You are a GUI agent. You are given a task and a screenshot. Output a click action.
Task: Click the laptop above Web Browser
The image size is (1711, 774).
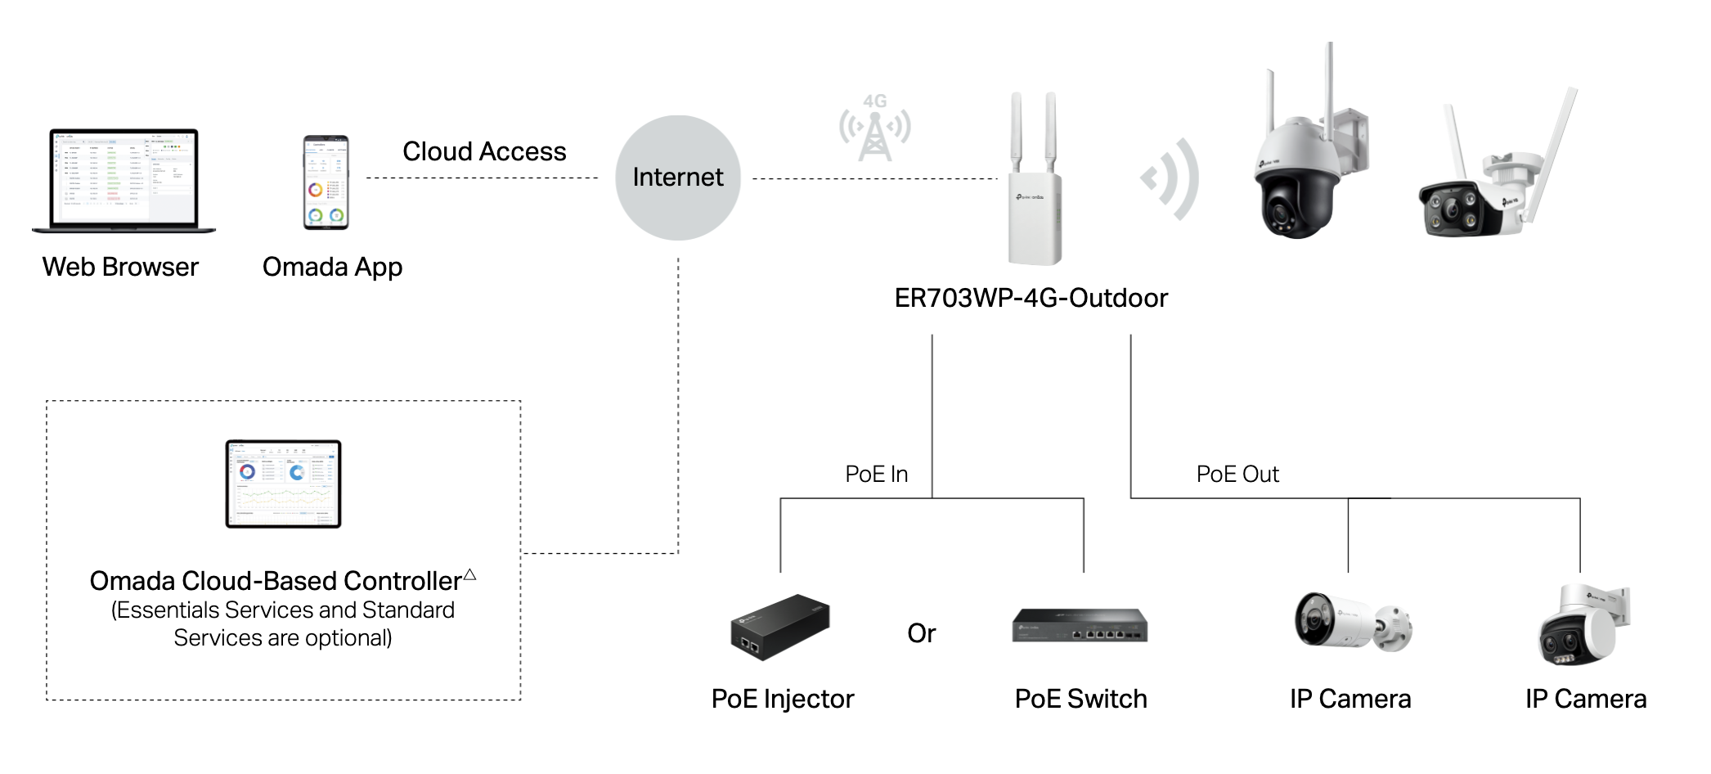[123, 181]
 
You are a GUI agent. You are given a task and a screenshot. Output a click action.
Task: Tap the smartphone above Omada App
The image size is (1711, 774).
[326, 182]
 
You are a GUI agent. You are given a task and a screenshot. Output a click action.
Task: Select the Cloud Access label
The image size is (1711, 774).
[484, 152]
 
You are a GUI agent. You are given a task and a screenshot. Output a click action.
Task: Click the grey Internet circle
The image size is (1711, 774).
[678, 178]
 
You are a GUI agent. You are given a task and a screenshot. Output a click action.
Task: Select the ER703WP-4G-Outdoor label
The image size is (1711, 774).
[1031, 298]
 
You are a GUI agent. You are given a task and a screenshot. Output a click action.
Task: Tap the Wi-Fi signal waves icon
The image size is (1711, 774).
[1172, 178]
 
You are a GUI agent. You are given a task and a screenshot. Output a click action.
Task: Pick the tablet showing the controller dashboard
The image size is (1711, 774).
[283, 484]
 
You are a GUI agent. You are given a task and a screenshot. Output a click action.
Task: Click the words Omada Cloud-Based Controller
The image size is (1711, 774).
[275, 581]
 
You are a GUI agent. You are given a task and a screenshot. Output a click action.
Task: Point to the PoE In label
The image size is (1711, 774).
[876, 475]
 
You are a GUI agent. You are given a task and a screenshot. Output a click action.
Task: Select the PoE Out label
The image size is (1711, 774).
[1237, 475]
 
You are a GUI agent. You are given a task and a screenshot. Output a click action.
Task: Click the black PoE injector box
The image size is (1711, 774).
[779, 628]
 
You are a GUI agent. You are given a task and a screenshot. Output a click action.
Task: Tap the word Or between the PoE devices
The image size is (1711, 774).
[921, 633]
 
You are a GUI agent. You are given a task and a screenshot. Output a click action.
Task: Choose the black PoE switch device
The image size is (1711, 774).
[1080, 626]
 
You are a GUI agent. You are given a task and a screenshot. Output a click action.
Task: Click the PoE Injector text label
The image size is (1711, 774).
[782, 699]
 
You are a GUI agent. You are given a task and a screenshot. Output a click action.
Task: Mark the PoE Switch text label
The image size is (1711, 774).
[1080, 699]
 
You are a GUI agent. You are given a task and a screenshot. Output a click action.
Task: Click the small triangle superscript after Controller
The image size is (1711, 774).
[470, 574]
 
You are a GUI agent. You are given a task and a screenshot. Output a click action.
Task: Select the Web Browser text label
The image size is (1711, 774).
[120, 267]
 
